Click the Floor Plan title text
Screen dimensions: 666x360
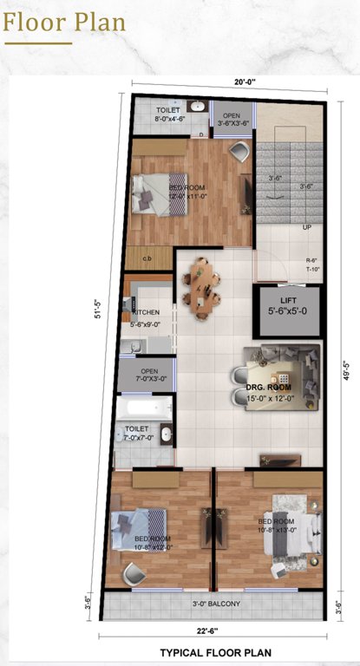pos(64,21)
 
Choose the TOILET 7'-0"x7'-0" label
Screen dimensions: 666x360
pos(138,433)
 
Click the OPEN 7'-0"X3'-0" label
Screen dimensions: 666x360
pos(148,375)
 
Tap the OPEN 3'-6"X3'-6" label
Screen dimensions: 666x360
pos(233,119)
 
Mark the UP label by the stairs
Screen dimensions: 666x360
pos(306,227)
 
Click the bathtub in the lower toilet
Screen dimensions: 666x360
pos(145,407)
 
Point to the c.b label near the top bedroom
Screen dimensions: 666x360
pos(147,258)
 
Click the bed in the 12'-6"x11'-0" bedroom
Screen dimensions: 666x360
pos(156,193)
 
